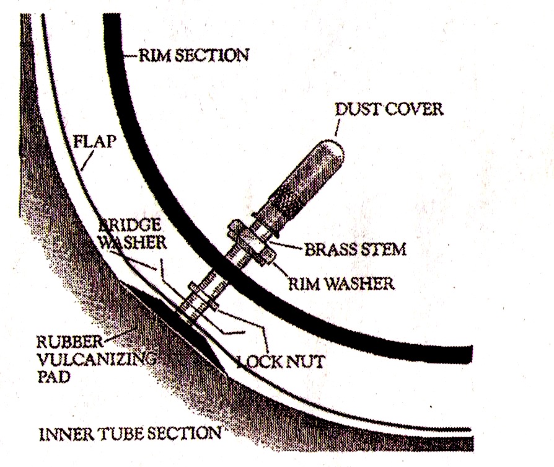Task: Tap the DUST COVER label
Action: [389, 110]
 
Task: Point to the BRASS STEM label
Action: [354, 249]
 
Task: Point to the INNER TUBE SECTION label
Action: [130, 432]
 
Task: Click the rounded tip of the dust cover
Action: [335, 149]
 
